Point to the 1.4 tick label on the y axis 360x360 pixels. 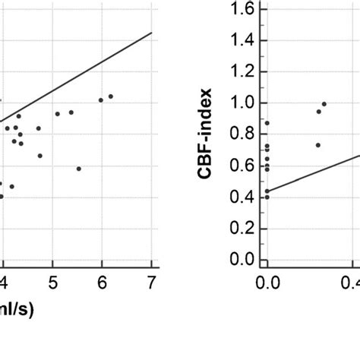242,40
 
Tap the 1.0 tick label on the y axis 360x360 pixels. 242,103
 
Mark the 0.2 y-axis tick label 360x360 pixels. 242,229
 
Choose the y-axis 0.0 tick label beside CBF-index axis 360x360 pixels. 242,260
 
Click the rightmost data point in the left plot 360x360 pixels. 111,96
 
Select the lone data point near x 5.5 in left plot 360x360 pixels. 79,169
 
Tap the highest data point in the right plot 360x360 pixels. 324,104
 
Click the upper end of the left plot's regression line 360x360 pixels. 152,33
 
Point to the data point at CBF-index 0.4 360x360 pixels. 267,197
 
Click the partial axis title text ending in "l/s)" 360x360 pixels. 11,311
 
